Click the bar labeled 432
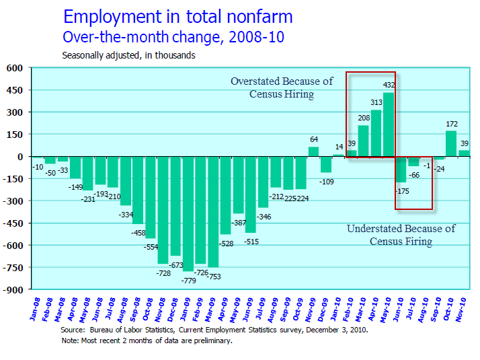pyautogui.click(x=389, y=124)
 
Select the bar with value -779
pyautogui.click(x=188, y=214)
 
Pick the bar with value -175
pyautogui.click(x=401, y=169)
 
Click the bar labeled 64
pyautogui.click(x=313, y=151)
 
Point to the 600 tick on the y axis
pyautogui.click(x=15, y=68)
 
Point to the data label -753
pyautogui.click(x=214, y=276)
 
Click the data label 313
pyautogui.click(x=376, y=102)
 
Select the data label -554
pyautogui.click(x=151, y=246)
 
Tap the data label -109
pyautogui.click(x=326, y=182)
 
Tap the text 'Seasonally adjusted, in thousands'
pyautogui.click(x=128, y=55)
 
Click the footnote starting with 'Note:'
pyautogui.click(x=147, y=340)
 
